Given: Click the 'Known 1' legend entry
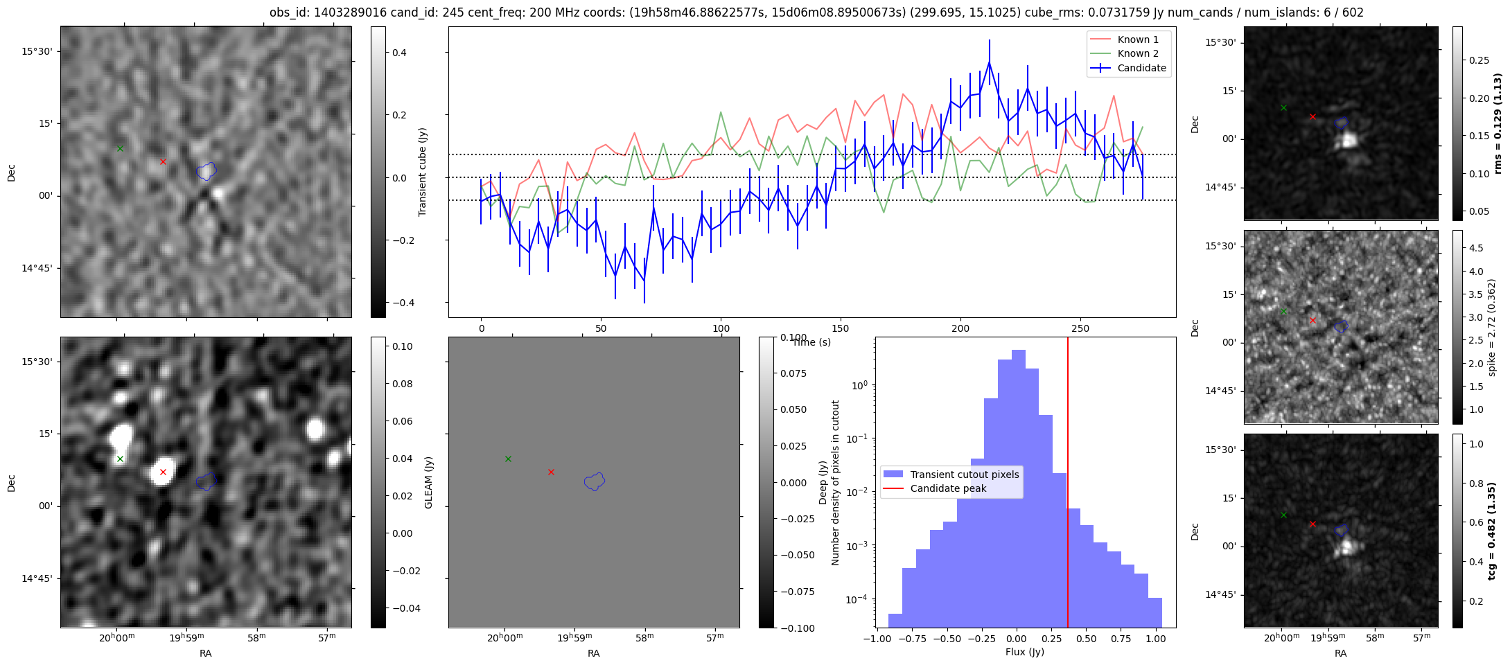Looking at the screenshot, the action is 1129,39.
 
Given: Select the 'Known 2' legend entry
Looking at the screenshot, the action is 1129,53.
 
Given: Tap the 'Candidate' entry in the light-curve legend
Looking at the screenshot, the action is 1129,68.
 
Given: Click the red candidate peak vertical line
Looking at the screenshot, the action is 1068,482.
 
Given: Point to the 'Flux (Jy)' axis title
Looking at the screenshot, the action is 1025,652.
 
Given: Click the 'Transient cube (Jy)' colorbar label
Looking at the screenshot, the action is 422,172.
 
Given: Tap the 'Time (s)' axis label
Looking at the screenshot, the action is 811,342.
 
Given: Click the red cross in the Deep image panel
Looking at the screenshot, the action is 163,472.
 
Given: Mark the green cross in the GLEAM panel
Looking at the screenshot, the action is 508,459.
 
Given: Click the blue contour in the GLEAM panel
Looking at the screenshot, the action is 595,481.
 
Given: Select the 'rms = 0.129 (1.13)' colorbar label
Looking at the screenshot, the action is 1498,123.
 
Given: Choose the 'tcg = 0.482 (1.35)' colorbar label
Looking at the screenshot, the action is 1498,531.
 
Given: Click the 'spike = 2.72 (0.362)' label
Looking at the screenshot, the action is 1492,327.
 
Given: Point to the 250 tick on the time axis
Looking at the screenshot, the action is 1080,328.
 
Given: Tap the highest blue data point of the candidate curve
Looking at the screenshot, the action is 990,62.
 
